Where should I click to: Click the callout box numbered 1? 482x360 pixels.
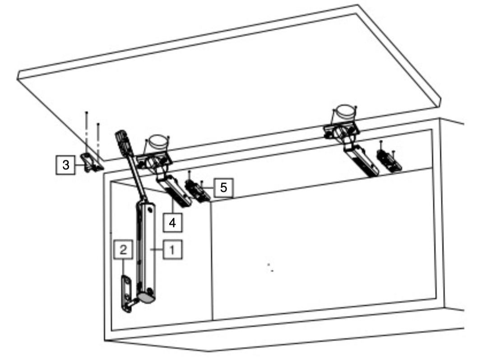coord(172,249)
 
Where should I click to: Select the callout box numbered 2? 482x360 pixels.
coord(123,249)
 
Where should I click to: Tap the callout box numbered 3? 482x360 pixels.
coord(65,165)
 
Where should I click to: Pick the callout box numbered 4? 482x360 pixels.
coord(172,223)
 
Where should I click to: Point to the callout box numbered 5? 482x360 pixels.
coord(223,187)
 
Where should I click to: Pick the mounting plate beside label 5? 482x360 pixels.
coord(197,191)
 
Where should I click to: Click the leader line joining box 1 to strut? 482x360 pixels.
coord(157,250)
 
